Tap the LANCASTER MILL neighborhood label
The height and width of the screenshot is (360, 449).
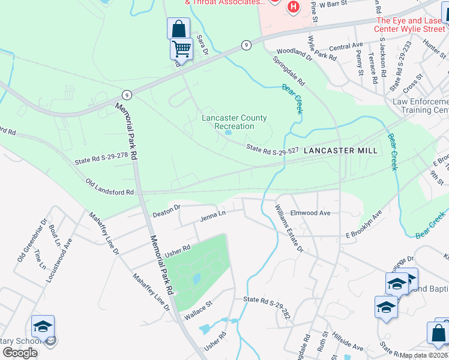pos(340,151)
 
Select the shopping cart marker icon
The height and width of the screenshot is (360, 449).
pos(181,48)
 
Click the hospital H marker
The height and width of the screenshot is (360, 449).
pos(293,7)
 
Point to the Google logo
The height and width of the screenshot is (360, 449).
pos(20,353)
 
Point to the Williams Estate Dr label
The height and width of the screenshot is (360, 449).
pos(290,229)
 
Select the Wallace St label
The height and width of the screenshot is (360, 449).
pos(201,307)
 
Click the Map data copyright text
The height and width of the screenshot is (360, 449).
pos(424,355)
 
